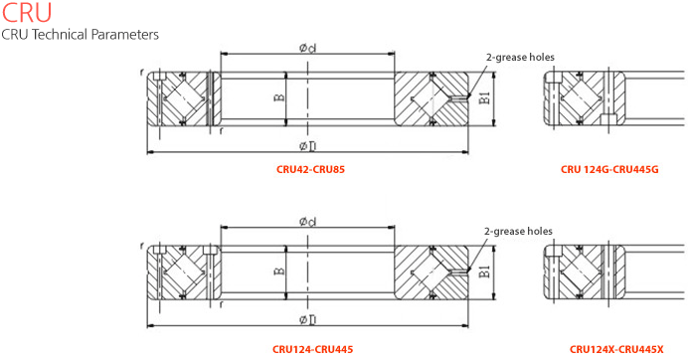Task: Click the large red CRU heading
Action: (27, 12)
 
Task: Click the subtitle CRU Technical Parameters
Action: (80, 35)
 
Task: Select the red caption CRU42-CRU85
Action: (310, 169)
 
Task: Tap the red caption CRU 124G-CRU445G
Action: (609, 169)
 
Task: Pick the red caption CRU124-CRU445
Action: (312, 349)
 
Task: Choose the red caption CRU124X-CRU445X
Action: (616, 349)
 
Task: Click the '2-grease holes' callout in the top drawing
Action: (520, 57)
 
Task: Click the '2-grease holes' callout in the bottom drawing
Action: (518, 231)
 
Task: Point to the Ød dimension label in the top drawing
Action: (307, 48)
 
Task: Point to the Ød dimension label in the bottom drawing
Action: (307, 221)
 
